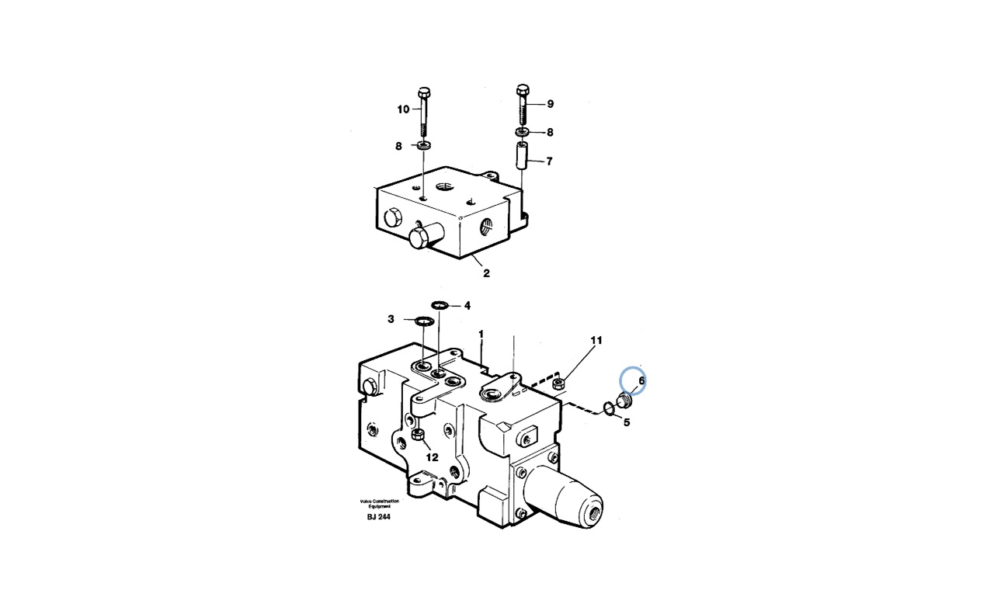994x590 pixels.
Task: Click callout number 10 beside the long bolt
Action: pyautogui.click(x=403, y=109)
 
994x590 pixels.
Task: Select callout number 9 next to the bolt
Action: pyautogui.click(x=551, y=104)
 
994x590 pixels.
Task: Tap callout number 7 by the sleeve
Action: pyautogui.click(x=549, y=161)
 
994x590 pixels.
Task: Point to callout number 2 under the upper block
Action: pyautogui.click(x=486, y=273)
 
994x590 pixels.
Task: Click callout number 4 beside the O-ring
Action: pyautogui.click(x=467, y=306)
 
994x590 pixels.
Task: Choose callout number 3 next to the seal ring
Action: pyautogui.click(x=391, y=319)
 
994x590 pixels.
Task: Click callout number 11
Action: pyautogui.click(x=596, y=340)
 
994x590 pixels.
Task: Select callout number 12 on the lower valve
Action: pyautogui.click(x=433, y=457)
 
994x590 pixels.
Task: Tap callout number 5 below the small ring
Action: pyautogui.click(x=627, y=422)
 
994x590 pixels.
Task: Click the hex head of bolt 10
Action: pyautogui.click(x=424, y=92)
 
